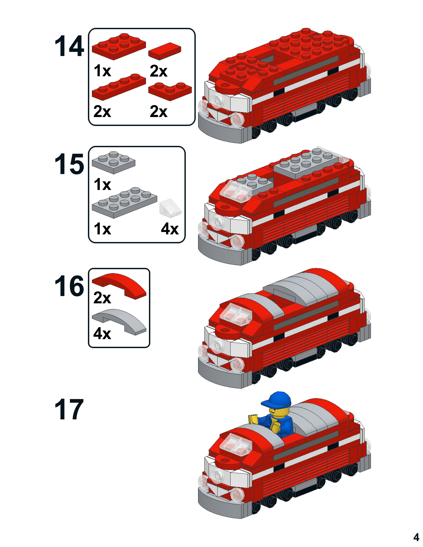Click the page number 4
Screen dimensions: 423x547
(x=416, y=537)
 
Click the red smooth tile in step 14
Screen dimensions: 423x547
(x=165, y=51)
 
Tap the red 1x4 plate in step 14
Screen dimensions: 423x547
(x=119, y=87)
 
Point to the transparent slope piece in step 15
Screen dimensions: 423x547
(x=170, y=207)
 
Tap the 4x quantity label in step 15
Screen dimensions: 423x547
(x=170, y=229)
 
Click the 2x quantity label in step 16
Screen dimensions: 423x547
(x=102, y=298)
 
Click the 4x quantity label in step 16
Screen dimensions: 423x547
(x=102, y=334)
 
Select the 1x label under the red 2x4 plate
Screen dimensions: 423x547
(x=102, y=71)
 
